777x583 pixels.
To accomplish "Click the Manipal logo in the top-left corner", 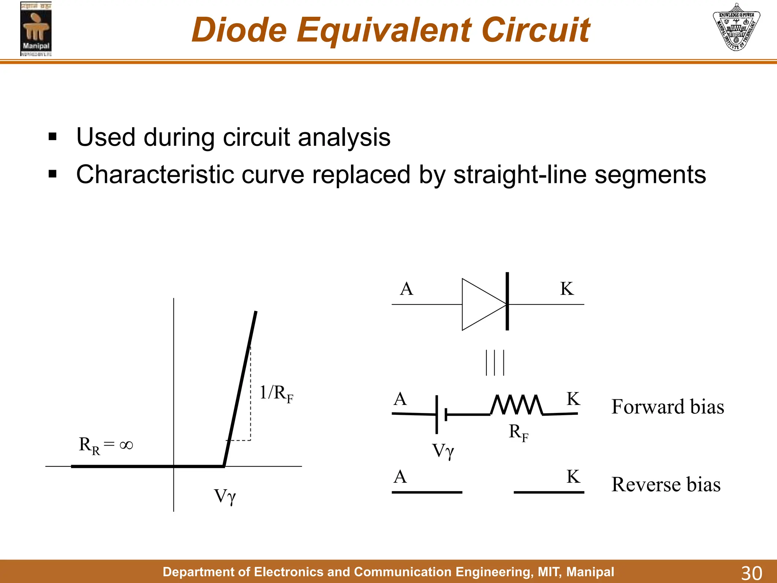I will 36,29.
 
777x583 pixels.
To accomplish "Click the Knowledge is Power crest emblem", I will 736,27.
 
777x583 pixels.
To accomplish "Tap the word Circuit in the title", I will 535,30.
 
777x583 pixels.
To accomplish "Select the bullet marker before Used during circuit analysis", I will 52,137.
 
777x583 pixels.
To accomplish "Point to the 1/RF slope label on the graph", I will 276,393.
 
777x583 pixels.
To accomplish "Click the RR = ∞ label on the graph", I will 105,445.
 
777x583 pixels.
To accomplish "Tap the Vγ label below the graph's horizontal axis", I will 225,496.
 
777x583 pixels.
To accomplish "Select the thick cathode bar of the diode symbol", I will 507,301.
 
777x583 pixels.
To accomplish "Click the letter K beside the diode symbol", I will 567,289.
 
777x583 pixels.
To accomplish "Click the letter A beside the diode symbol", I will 406,289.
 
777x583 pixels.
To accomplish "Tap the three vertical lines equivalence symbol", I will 495,363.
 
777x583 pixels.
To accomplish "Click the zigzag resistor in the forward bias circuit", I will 517,405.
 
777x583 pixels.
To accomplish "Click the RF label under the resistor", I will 518,433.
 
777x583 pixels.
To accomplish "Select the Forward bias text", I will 667,407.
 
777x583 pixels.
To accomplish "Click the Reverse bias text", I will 666,485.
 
